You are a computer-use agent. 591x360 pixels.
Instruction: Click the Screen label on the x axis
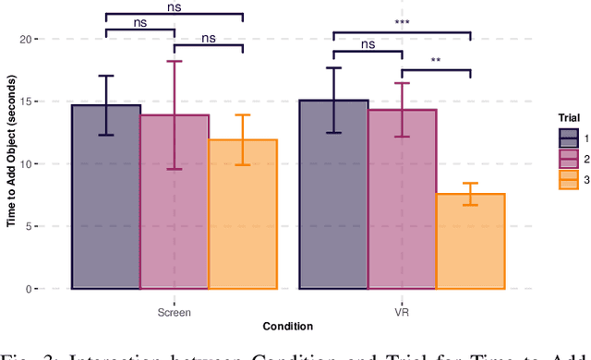[x=175, y=312]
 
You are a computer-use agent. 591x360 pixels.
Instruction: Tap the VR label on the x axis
[x=402, y=312]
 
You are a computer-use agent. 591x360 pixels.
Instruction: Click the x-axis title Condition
[x=288, y=326]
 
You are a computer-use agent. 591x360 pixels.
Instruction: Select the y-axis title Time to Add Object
[x=11, y=164]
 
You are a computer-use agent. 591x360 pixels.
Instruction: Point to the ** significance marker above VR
[x=436, y=64]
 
